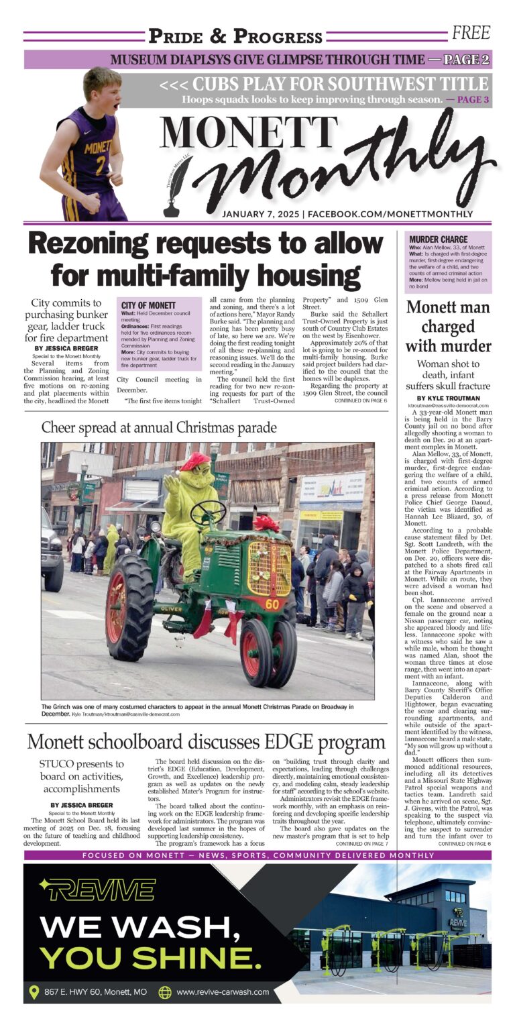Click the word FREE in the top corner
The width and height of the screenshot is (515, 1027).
(471, 32)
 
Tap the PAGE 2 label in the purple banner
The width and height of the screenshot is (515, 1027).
(467, 60)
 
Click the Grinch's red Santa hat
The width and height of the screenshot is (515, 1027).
(194, 461)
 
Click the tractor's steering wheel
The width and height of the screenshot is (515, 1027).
(208, 512)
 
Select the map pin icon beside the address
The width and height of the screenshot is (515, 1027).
(34, 991)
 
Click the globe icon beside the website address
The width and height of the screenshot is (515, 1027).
(165, 991)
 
